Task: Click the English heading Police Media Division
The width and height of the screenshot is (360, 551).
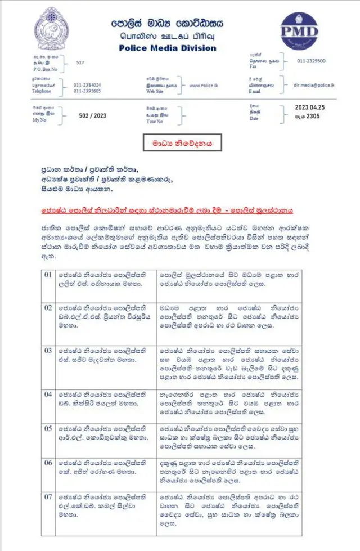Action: [168, 48]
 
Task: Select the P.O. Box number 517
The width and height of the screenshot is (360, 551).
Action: [80, 64]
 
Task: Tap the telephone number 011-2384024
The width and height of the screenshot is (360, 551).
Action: [87, 84]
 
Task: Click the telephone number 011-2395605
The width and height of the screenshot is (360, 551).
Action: [87, 91]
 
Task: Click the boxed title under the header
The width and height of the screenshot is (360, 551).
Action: [181, 144]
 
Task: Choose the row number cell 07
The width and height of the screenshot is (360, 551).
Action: [48, 497]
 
